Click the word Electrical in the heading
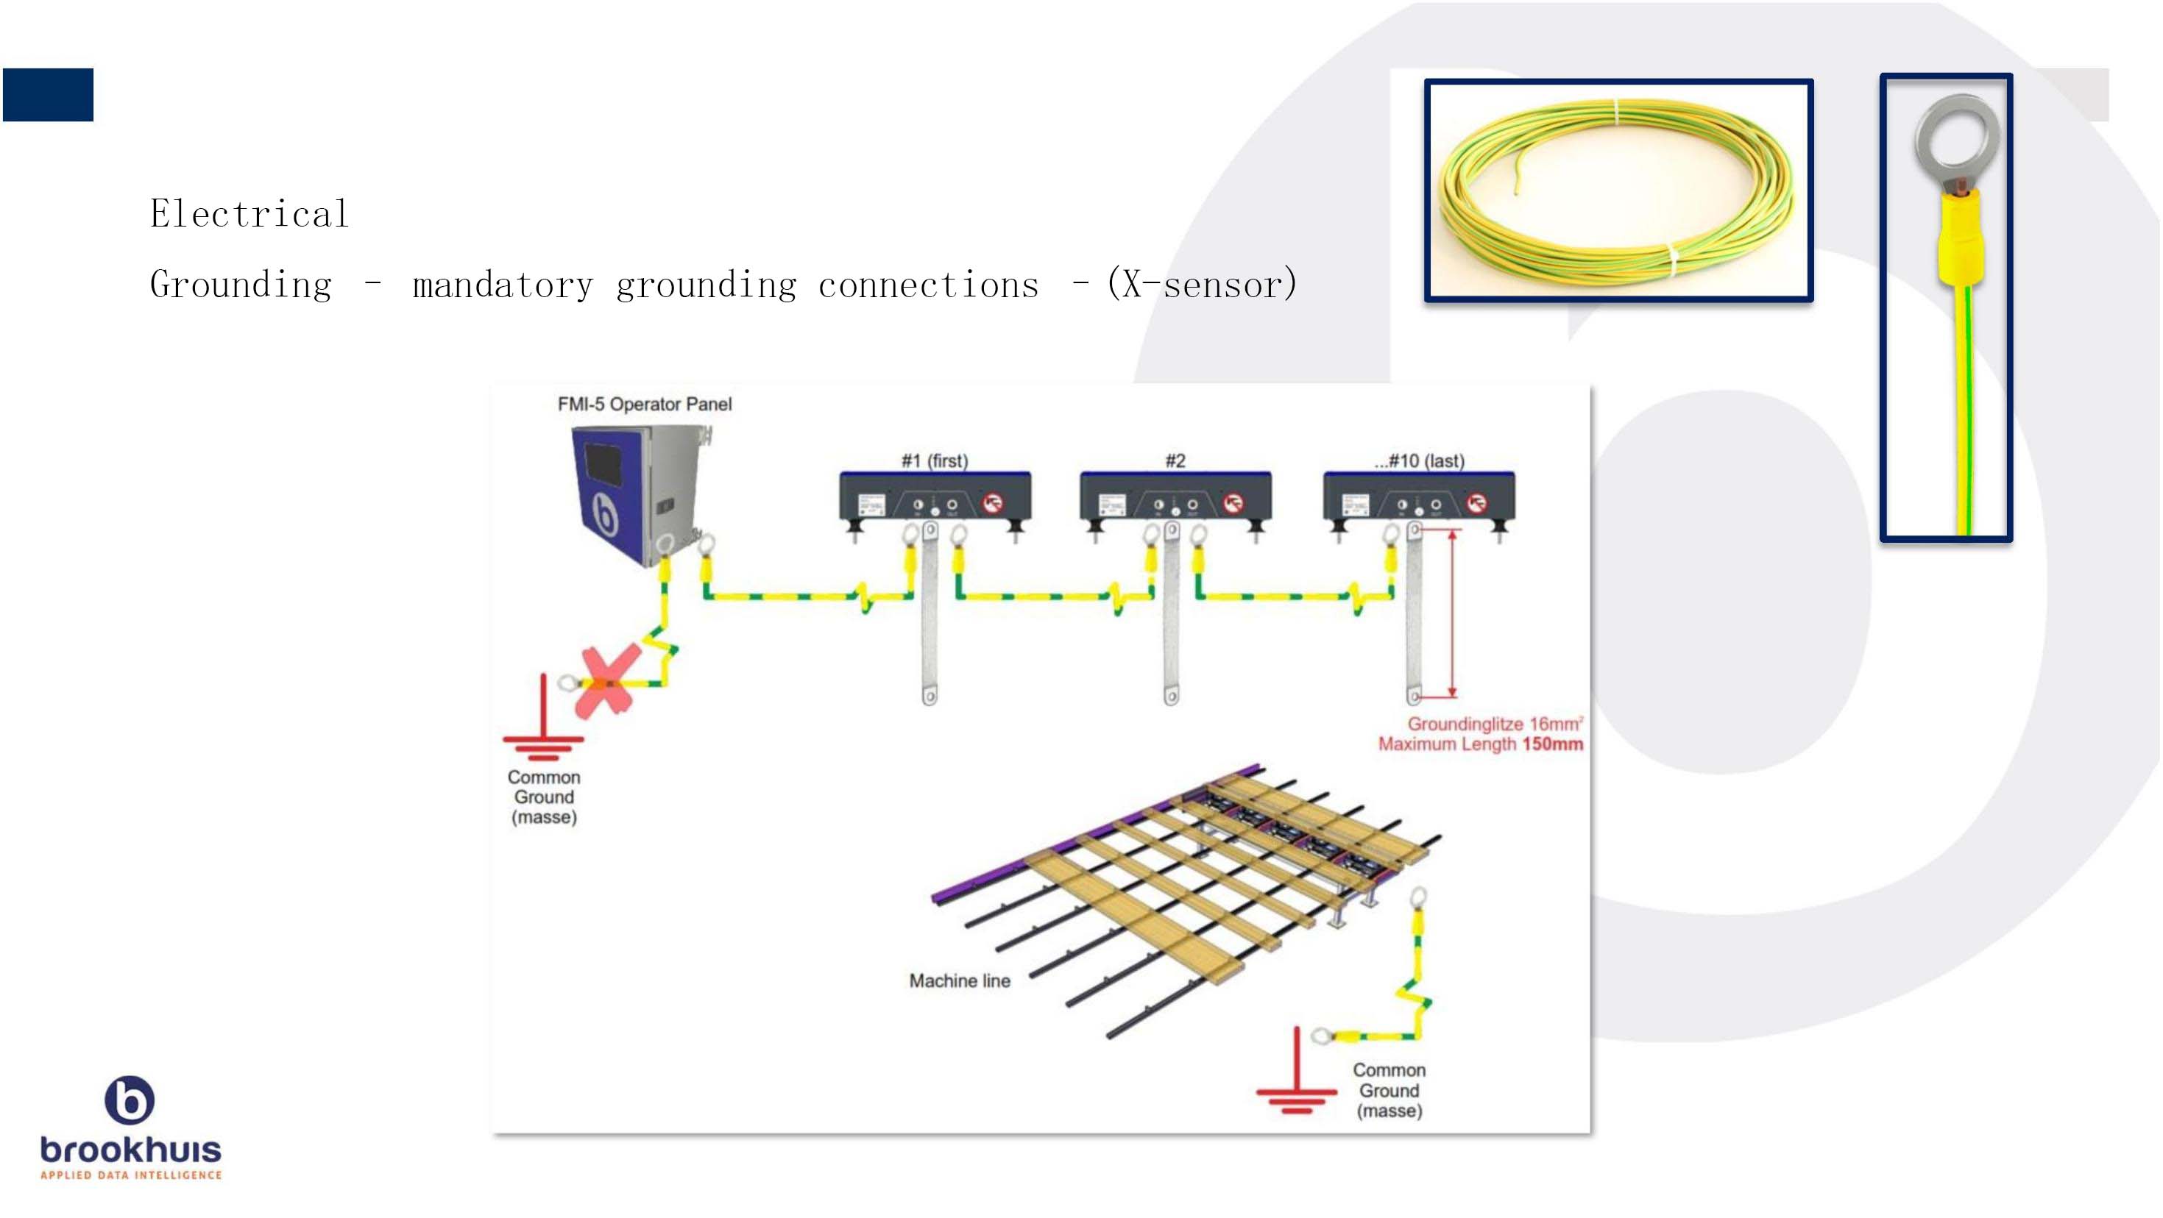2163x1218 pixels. [249, 214]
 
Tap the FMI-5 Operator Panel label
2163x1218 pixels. [644, 404]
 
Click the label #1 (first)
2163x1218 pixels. [935, 461]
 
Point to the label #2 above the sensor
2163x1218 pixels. [1175, 461]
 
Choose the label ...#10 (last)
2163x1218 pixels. [1419, 461]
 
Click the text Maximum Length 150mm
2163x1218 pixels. [1480, 744]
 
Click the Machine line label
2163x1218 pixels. [960, 980]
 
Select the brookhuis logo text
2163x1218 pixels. [131, 1149]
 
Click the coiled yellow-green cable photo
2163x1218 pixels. [1619, 190]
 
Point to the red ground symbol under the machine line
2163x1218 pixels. [1297, 1083]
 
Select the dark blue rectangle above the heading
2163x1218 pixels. [48, 95]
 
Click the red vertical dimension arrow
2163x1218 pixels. [1452, 613]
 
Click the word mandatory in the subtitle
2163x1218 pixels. [502, 285]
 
